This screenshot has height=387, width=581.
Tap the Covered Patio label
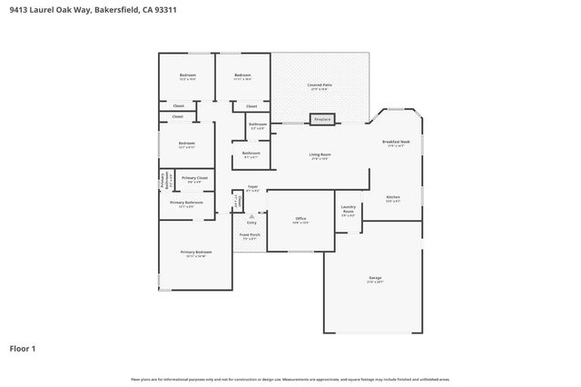(321, 85)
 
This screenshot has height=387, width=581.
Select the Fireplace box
(321, 119)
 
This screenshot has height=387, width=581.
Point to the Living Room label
(320, 155)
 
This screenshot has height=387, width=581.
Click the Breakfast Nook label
(396, 143)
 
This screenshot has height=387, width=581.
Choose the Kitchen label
(393, 197)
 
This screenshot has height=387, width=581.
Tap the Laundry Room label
(348, 210)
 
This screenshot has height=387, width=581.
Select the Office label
(300, 219)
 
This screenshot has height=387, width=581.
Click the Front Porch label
(250, 235)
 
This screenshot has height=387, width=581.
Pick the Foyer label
(252, 187)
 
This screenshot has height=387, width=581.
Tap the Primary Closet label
(195, 178)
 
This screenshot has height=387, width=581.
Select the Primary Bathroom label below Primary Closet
(186, 203)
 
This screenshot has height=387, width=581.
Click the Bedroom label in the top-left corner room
(187, 75)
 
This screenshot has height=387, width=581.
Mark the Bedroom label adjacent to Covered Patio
(242, 75)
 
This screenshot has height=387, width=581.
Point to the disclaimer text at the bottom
(290, 379)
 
